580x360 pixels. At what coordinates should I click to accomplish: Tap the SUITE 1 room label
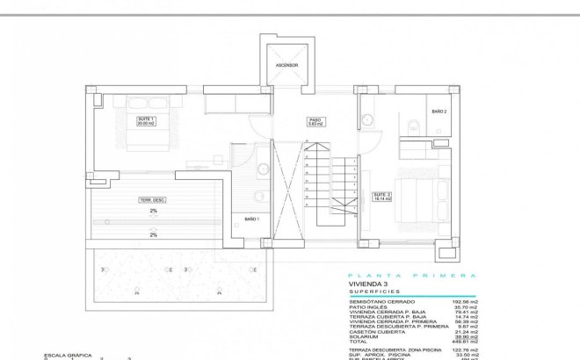coord(145,121)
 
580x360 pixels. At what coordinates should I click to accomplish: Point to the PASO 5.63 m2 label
coord(315,122)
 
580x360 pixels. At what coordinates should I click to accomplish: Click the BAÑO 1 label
coord(250,218)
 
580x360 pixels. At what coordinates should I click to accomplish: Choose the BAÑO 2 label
coord(439,112)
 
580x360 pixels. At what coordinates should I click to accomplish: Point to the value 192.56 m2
coord(463,301)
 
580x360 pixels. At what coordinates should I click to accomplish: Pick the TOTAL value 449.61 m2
coord(463,342)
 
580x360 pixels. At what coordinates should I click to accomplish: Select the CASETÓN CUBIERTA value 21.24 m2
coord(464,331)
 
